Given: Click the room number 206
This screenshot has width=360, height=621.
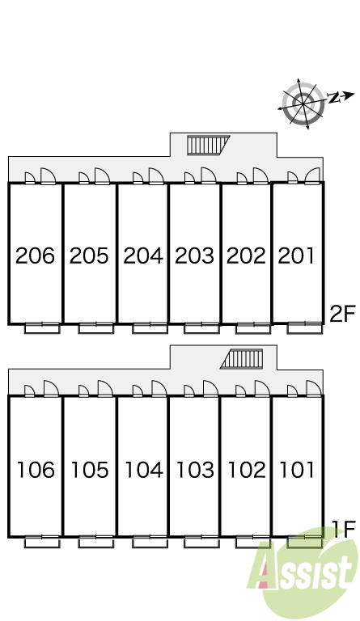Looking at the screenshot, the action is (x=36, y=256).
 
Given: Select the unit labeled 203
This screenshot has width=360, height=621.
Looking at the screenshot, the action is (x=194, y=256).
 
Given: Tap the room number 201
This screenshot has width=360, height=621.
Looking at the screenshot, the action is (x=296, y=256).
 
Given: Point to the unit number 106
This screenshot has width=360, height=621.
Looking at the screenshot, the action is (x=36, y=470).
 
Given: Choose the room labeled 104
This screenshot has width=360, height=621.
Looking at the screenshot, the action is (x=144, y=470).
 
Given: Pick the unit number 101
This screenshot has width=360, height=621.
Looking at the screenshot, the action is (x=297, y=470).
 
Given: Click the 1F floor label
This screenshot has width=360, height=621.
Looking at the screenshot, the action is (x=343, y=530).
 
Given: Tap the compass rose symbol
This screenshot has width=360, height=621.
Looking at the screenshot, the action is (x=303, y=104).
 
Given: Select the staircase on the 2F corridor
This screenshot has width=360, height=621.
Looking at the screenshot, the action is (x=208, y=145).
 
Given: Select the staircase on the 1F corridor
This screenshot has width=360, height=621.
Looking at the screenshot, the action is (x=242, y=359).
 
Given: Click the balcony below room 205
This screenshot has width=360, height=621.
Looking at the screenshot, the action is (x=95, y=328).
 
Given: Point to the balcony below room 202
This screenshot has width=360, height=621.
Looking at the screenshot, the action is (x=253, y=328).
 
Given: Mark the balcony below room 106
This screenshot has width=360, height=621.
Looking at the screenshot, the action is (x=42, y=542).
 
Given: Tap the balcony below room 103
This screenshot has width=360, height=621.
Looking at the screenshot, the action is (x=201, y=542).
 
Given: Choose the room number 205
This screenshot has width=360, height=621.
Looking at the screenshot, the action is (x=89, y=256).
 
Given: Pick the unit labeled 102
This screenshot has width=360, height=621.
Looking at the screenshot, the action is (x=247, y=470).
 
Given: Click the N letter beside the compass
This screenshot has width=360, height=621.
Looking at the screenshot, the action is (x=334, y=97).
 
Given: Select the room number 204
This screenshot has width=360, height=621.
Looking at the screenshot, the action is (x=143, y=256).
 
